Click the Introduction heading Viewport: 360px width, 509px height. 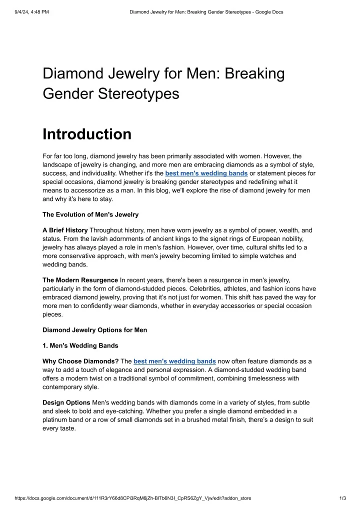pyautogui.click(x=87, y=134)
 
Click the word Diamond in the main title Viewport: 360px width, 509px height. pyautogui.click(x=72, y=74)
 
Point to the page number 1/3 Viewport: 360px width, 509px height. pyautogui.click(x=342, y=498)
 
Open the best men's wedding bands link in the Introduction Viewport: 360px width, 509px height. pyautogui.click(x=206, y=173)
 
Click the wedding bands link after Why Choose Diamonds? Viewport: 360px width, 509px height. pyautogui.click(x=174, y=361)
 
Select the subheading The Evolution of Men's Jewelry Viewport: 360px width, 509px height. pyautogui.click(x=90, y=214)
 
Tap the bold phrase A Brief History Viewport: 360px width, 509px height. pyautogui.click(x=65, y=230)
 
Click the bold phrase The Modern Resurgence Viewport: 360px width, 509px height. pyautogui.click(x=80, y=279)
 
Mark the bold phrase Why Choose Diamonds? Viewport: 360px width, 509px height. pyautogui.click(x=80, y=361)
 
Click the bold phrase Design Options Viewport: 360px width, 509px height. pyautogui.click(x=66, y=402)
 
